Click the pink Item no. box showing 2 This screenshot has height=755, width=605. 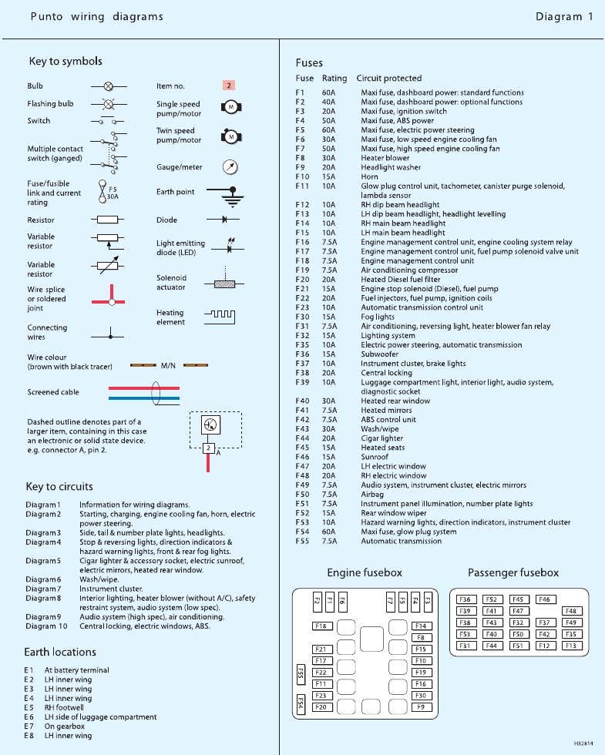click(229, 86)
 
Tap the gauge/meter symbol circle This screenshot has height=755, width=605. click(229, 166)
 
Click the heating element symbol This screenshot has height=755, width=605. click(225, 316)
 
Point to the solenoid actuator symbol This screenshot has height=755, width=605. click(224, 282)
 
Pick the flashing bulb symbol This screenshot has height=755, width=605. click(109, 103)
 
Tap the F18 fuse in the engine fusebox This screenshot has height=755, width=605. click(322, 626)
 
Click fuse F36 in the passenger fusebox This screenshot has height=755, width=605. click(465, 599)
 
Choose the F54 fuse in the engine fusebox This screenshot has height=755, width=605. click(300, 703)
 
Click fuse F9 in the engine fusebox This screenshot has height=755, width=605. click(420, 706)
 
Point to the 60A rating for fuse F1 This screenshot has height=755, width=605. click(328, 92)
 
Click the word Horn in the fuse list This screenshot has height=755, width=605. click(369, 176)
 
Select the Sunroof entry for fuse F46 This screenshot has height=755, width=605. click(375, 457)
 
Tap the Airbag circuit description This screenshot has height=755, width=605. click(372, 495)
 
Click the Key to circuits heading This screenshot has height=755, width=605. click(59, 486)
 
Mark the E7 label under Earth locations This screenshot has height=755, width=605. click(29, 726)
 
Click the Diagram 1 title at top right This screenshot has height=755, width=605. click(564, 16)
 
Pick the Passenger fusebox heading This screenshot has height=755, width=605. click(513, 572)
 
